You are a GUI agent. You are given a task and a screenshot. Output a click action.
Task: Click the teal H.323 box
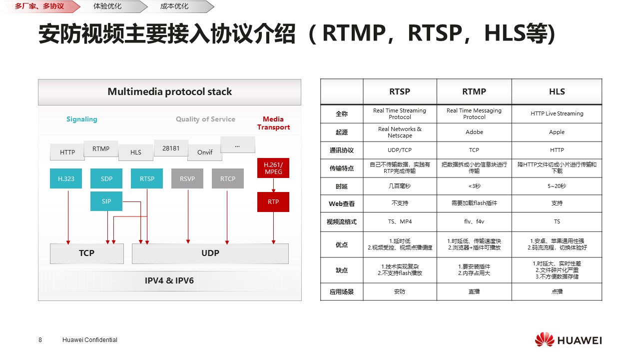(66, 178)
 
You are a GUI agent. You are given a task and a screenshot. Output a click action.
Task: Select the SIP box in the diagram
(106, 201)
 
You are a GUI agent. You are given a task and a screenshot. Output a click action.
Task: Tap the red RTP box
(273, 202)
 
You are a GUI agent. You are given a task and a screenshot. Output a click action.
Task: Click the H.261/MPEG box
(273, 168)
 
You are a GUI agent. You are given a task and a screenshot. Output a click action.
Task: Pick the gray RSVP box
(187, 178)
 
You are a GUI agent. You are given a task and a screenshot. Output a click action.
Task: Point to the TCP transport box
(87, 253)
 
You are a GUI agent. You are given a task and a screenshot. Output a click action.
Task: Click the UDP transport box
(210, 253)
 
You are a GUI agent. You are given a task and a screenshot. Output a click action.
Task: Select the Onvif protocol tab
(205, 152)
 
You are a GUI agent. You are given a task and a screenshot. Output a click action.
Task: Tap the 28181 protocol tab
(171, 148)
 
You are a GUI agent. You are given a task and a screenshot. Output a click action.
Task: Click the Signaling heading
(82, 119)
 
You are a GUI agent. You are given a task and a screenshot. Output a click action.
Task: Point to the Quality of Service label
(205, 119)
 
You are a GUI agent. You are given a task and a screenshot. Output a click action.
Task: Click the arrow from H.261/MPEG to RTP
(273, 185)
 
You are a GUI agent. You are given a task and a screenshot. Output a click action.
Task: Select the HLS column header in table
(557, 92)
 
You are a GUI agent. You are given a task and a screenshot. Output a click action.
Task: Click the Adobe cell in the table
(474, 132)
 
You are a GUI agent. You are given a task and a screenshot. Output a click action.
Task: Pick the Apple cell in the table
(557, 132)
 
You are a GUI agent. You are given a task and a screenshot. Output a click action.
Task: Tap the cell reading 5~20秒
(557, 186)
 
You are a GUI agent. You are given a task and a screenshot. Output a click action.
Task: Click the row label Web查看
(342, 203)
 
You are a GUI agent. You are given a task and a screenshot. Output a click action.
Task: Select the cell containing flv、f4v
(474, 221)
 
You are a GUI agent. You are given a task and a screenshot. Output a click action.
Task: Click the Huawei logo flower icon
(544, 339)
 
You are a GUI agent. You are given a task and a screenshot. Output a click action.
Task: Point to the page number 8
(40, 339)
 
